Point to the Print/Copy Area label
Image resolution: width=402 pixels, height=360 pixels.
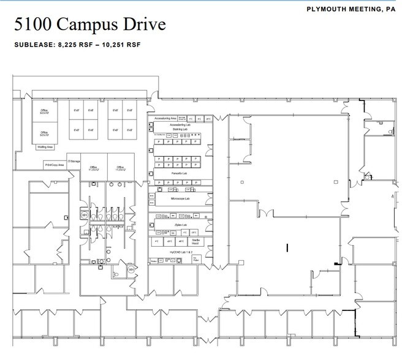tap(54, 165)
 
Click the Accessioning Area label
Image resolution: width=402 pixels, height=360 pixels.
tap(165, 118)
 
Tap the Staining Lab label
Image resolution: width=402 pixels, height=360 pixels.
tap(180, 129)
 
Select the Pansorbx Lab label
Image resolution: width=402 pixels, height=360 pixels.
tap(180, 173)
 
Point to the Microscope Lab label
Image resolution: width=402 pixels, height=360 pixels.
tap(180, 198)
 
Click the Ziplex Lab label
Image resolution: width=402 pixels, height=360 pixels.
tap(180, 225)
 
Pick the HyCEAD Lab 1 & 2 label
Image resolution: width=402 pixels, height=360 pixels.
tap(180, 252)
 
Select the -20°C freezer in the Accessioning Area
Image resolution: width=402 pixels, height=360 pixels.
tap(208, 118)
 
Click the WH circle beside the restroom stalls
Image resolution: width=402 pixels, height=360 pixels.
tap(84, 215)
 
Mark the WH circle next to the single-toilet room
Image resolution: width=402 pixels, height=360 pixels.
tap(131, 269)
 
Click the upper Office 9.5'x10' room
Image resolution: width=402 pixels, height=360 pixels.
tap(44, 111)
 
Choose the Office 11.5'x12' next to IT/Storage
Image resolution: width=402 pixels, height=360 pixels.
tap(94, 168)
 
